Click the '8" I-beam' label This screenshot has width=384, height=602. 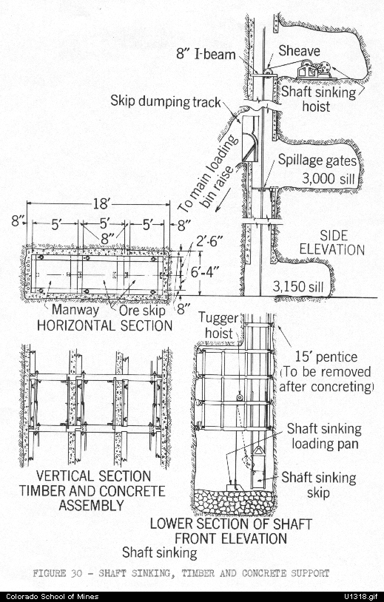(x=206, y=54)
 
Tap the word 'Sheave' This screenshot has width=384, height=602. (x=299, y=50)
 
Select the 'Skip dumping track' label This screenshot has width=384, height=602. (x=166, y=101)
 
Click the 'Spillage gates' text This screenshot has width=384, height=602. (x=317, y=160)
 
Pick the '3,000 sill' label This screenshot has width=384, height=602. (x=328, y=178)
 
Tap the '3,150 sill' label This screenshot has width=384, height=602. (x=298, y=286)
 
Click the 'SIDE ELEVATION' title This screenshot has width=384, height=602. (x=331, y=243)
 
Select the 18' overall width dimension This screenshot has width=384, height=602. (x=101, y=203)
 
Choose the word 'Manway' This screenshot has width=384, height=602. (x=75, y=309)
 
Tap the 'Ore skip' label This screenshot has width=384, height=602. (x=142, y=310)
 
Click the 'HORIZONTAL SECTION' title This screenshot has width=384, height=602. (x=104, y=325)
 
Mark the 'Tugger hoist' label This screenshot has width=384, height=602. (x=218, y=325)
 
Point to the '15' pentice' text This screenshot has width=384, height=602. (x=326, y=357)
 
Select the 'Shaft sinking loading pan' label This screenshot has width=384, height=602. (x=325, y=436)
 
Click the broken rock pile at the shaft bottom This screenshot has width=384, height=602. (x=235, y=501)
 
